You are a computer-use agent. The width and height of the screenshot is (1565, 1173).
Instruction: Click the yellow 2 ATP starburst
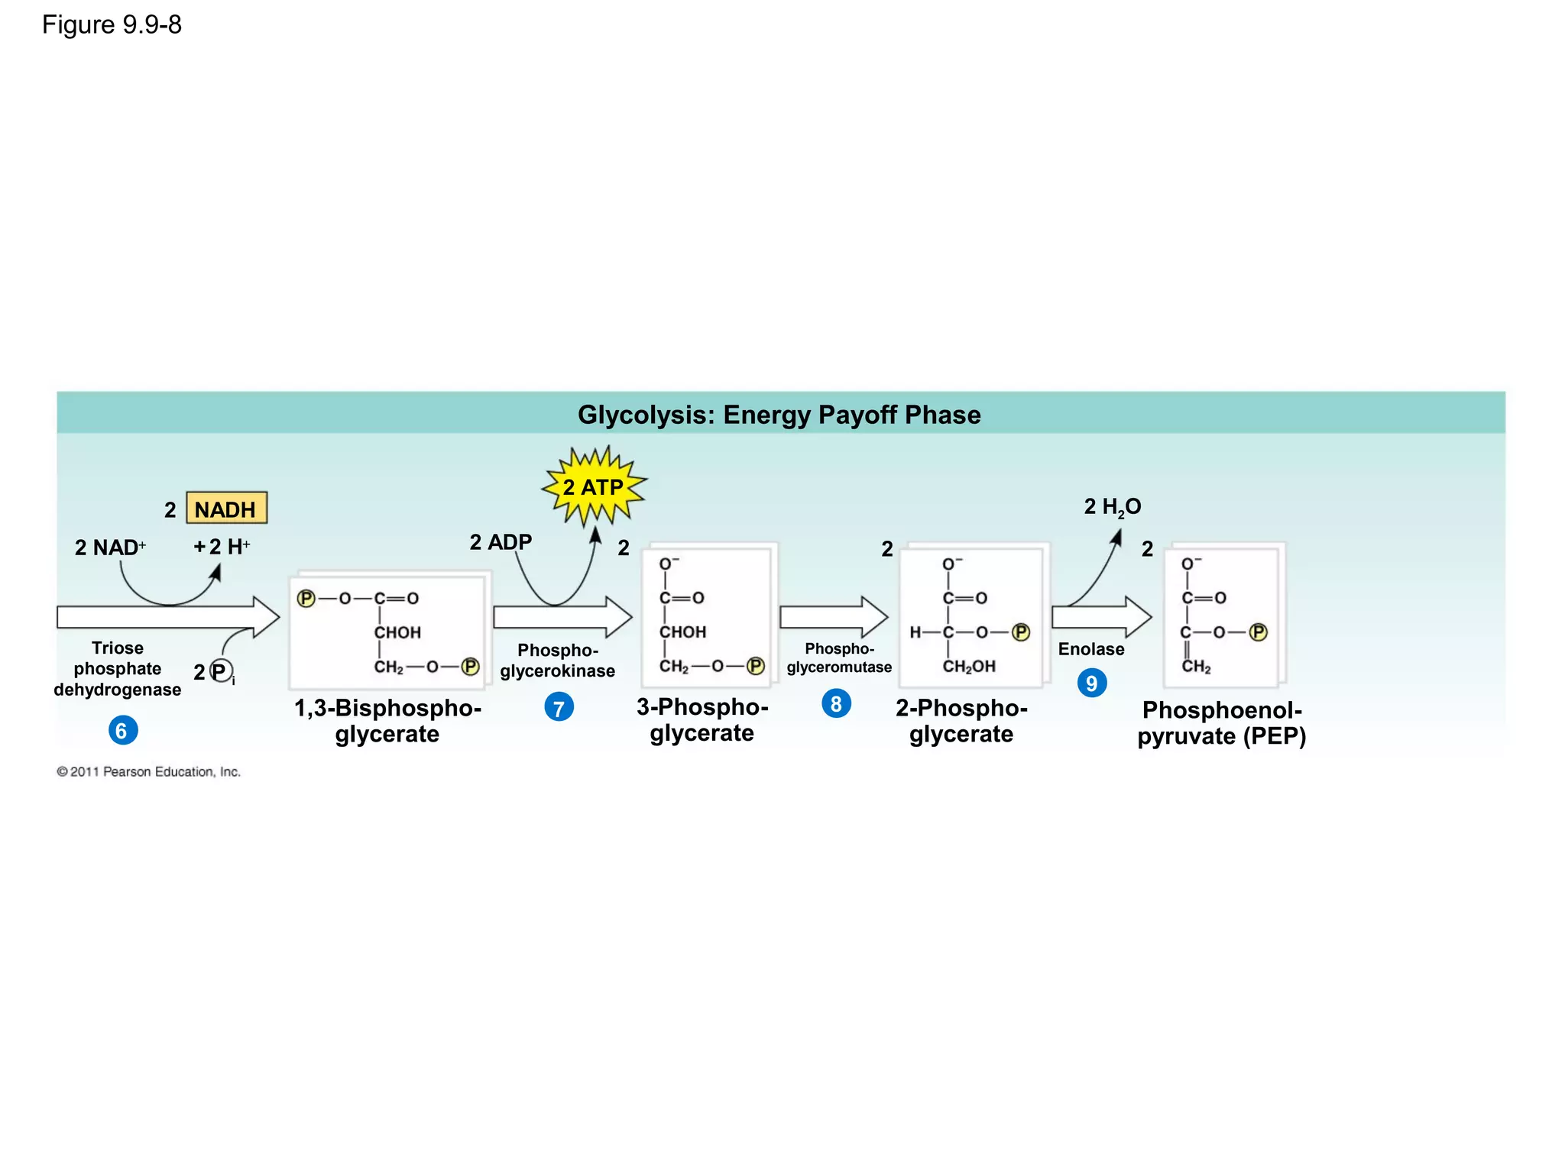[x=594, y=487]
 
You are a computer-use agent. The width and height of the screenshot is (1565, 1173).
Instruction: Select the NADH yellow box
[x=226, y=509]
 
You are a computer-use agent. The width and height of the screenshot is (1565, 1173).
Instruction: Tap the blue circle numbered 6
[x=122, y=731]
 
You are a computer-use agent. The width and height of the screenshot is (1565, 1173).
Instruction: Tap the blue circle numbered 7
[x=559, y=708]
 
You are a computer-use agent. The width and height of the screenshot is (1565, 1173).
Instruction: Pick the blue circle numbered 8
[x=836, y=703]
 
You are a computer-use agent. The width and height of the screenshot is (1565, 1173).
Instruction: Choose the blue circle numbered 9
[x=1091, y=683]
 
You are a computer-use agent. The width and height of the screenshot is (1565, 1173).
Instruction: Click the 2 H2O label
[x=1112, y=507]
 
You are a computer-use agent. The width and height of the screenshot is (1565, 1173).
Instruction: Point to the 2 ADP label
[x=501, y=542]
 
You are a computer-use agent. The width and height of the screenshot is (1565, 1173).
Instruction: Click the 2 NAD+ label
[x=109, y=548]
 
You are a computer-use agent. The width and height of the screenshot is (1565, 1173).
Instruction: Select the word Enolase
[x=1090, y=649]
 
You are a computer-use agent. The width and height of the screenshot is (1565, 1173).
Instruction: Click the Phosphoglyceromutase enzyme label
[x=839, y=658]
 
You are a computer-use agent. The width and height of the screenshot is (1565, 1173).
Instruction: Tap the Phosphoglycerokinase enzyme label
[x=557, y=661]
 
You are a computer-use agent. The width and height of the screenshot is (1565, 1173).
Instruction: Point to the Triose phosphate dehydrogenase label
[x=117, y=669]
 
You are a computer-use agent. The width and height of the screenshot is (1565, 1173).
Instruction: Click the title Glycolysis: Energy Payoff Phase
[x=779, y=415]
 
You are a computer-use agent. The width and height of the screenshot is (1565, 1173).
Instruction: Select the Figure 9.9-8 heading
[x=112, y=25]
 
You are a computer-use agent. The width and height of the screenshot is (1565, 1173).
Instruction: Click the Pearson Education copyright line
[x=148, y=772]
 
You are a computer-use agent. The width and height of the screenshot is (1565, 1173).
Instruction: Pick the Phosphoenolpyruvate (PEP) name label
[x=1221, y=723]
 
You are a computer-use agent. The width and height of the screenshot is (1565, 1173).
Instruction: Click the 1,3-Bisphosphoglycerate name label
[x=387, y=721]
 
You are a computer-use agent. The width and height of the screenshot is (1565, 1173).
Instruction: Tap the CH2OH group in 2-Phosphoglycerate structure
[x=969, y=667]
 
